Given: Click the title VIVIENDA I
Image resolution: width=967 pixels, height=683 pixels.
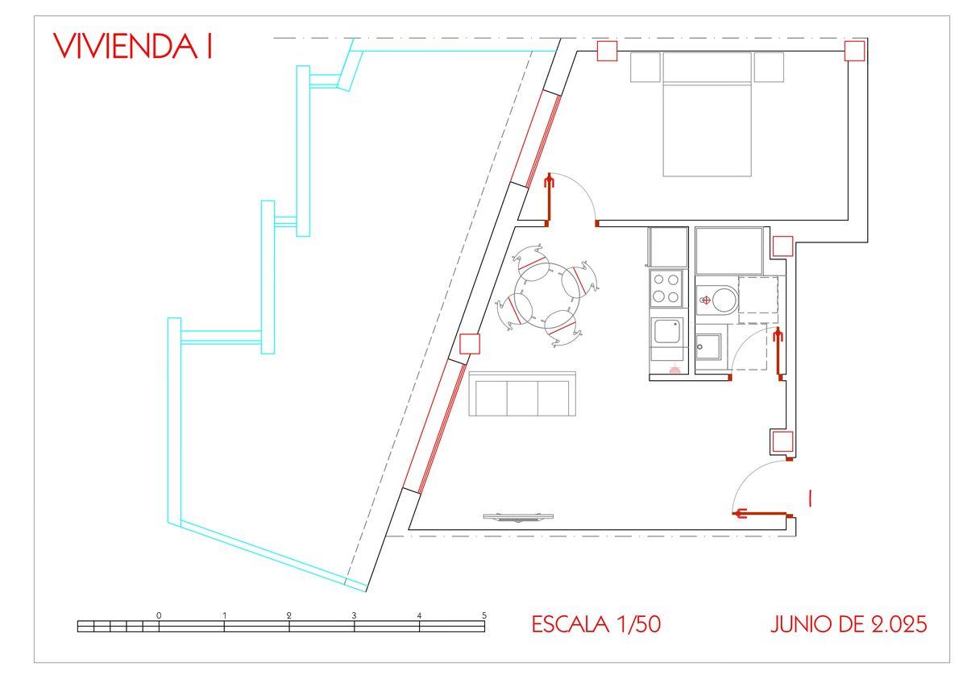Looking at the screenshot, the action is click(132, 46).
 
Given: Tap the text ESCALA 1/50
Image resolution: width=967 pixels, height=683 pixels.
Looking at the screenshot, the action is click(596, 624).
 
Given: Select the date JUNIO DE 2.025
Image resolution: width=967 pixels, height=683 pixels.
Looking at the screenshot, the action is click(849, 624).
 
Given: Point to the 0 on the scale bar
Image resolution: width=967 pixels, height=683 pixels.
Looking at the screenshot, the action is click(159, 615).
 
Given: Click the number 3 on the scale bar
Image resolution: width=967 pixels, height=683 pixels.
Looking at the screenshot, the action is click(354, 615).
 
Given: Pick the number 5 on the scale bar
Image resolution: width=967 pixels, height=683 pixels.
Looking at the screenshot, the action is click(484, 615).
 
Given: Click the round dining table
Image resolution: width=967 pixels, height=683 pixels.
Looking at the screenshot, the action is click(547, 295).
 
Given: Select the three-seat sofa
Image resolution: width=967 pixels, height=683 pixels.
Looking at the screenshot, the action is click(522, 394).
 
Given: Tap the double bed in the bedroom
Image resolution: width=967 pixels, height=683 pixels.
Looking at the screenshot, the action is click(708, 114).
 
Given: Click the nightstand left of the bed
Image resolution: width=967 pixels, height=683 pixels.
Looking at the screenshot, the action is click(645, 68).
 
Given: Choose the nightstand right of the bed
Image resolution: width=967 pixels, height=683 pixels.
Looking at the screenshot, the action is click(769, 68).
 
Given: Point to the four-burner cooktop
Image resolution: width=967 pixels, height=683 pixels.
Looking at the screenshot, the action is click(666, 288).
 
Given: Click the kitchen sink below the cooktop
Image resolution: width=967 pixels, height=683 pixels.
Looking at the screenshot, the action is click(667, 331).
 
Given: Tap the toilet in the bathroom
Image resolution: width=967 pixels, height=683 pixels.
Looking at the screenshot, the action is click(717, 300).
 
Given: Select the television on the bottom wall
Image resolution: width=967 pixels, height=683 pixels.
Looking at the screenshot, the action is click(518, 517).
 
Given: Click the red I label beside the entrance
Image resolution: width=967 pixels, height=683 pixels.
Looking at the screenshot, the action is click(811, 499).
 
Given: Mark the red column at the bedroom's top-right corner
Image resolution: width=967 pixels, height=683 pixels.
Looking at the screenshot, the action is click(855, 51).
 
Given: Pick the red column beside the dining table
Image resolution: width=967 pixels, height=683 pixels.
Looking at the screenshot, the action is click(470, 344).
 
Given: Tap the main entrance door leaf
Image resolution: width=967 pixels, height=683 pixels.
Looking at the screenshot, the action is click(760, 513).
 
